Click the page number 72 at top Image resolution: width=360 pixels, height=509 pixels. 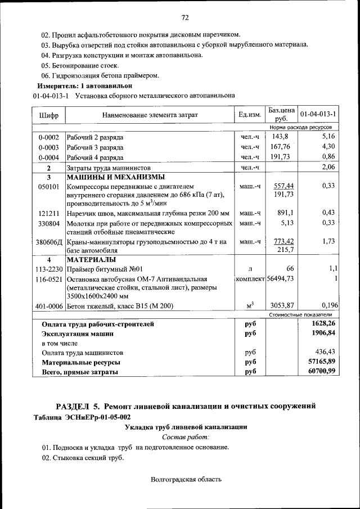click(184, 18)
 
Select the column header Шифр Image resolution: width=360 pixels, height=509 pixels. click(49, 115)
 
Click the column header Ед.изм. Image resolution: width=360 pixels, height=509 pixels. click(250, 115)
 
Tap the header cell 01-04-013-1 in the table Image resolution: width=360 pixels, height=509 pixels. click(318, 115)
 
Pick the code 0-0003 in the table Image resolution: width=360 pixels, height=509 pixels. click(49, 147)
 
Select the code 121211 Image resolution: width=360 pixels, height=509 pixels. click(49, 213)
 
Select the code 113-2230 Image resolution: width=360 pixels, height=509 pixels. click(49, 269)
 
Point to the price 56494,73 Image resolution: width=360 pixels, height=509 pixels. click(281, 278)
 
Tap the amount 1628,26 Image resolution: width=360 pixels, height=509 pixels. click(323, 324)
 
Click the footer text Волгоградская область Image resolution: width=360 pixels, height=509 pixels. click(186, 479)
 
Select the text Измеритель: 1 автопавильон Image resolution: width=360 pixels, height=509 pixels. click(85, 85)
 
